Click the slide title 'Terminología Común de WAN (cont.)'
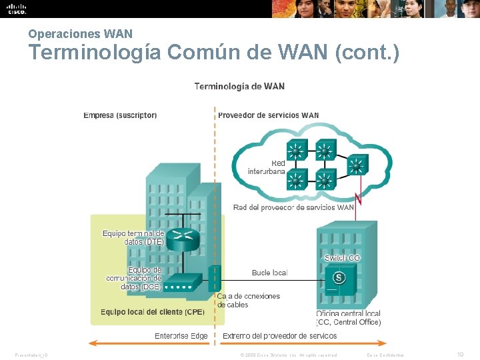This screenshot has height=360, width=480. click(214, 52)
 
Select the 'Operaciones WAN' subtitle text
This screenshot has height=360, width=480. click(81, 33)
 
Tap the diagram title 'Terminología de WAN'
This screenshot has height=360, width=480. click(239, 86)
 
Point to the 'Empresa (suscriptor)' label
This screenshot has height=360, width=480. click(120, 115)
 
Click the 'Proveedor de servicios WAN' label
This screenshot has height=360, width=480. click(268, 115)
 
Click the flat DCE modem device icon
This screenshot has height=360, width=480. click(179, 283)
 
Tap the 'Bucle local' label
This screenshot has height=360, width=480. click(269, 273)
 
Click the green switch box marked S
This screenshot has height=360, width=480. click(339, 277)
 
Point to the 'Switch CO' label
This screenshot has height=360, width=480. click(342, 258)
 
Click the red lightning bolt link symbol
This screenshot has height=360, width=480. click(359, 197)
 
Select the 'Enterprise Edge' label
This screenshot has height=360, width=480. click(181, 336)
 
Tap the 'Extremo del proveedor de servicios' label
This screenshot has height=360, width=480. click(279, 336)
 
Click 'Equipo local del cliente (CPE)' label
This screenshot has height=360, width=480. click(152, 312)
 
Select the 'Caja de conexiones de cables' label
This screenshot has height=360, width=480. click(248, 300)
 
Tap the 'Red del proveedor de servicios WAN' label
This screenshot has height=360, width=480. click(293, 207)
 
